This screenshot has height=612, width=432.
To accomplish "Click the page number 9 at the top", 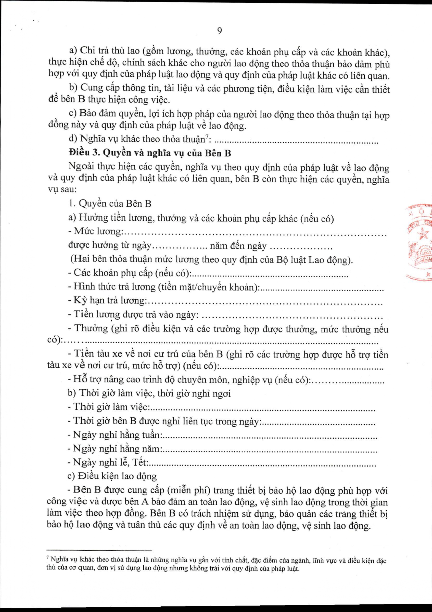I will pyautogui.click(x=219, y=31).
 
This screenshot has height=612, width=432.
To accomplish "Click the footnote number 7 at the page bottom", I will pyautogui.click(x=48, y=558).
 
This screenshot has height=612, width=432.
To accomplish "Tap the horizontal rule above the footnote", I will pyautogui.click(x=99, y=550).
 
